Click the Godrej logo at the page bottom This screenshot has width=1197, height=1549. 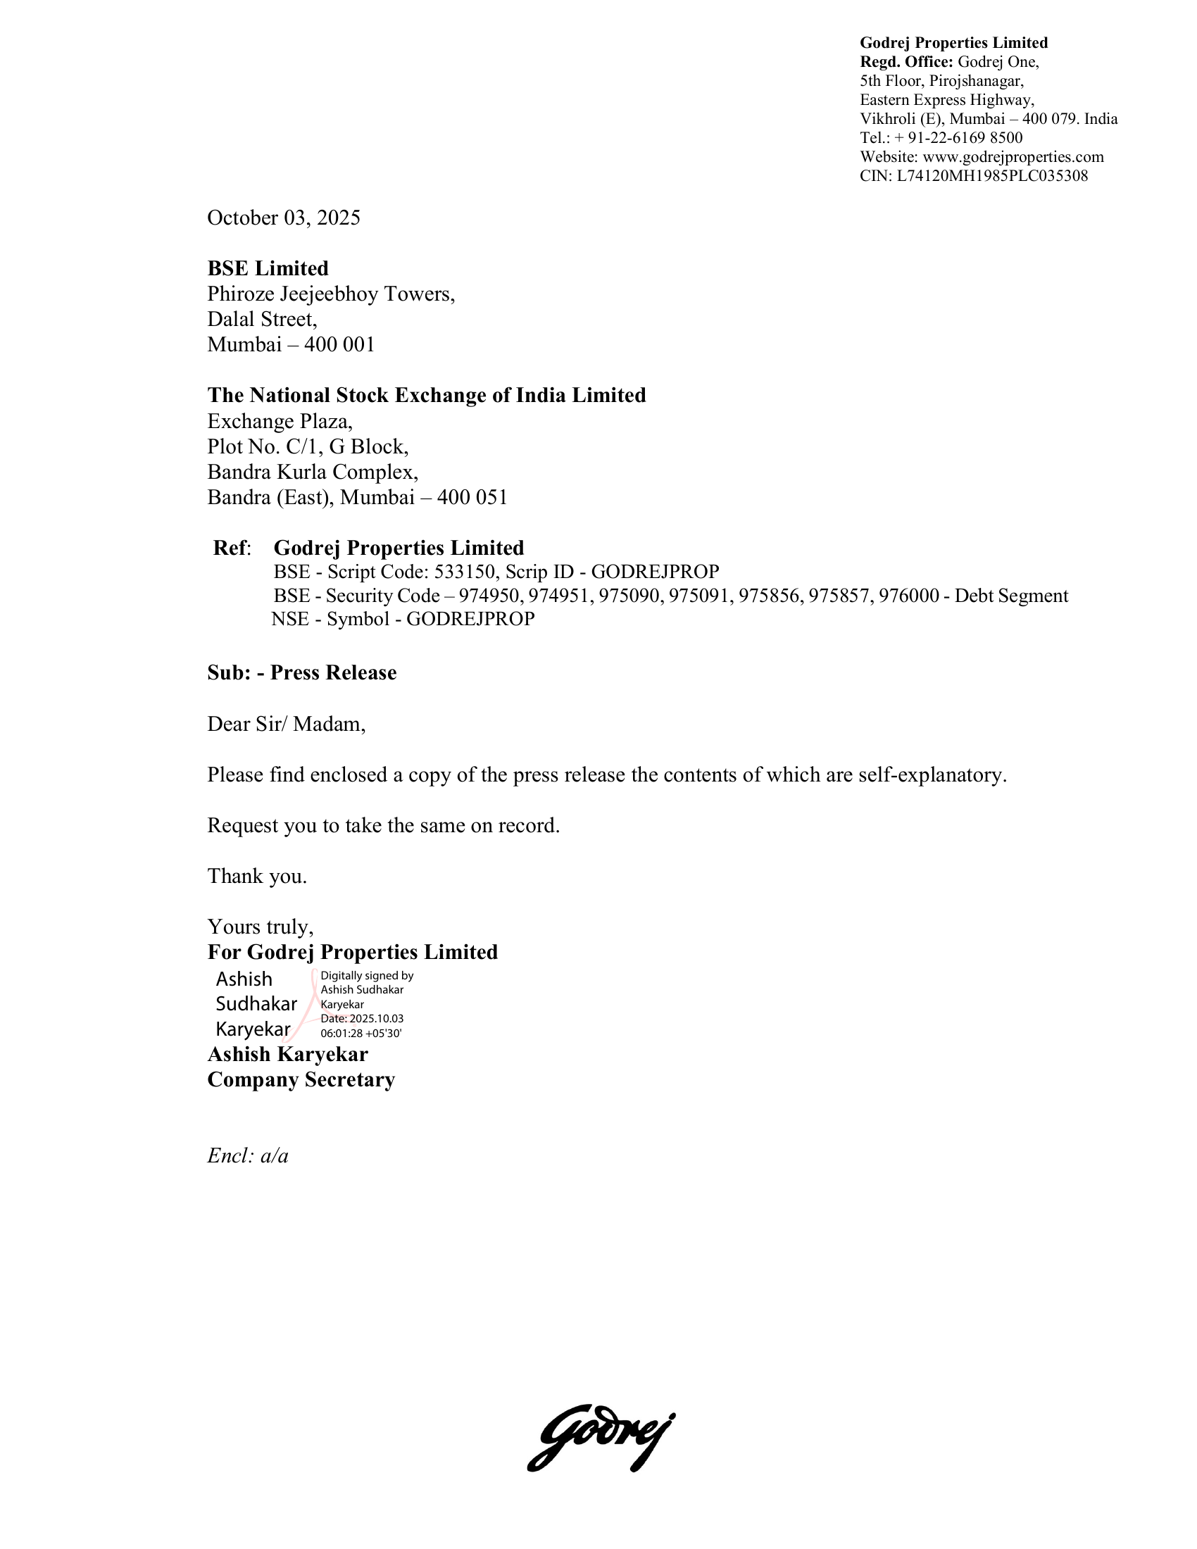tap(601, 1437)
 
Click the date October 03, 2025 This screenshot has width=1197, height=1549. tap(284, 218)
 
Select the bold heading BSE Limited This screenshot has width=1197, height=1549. tap(268, 268)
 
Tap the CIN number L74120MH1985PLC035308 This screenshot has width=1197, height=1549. tap(991, 176)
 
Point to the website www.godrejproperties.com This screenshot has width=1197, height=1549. tap(1013, 157)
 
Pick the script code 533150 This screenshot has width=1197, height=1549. tap(464, 572)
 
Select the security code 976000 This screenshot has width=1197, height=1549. tap(908, 596)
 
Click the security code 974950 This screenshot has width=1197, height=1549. tap(489, 596)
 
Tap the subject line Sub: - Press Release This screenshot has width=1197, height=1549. tap(301, 672)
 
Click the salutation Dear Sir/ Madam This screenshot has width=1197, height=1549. tap(286, 724)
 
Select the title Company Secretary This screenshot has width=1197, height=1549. tap(301, 1079)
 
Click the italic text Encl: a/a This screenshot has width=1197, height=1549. tap(247, 1156)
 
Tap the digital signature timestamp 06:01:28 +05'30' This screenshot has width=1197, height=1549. tap(361, 1034)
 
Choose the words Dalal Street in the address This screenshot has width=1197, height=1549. tap(261, 319)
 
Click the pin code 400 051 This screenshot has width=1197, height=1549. tap(472, 497)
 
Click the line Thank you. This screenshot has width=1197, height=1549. tap(257, 877)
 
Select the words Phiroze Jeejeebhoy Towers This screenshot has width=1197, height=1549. tap(330, 294)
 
